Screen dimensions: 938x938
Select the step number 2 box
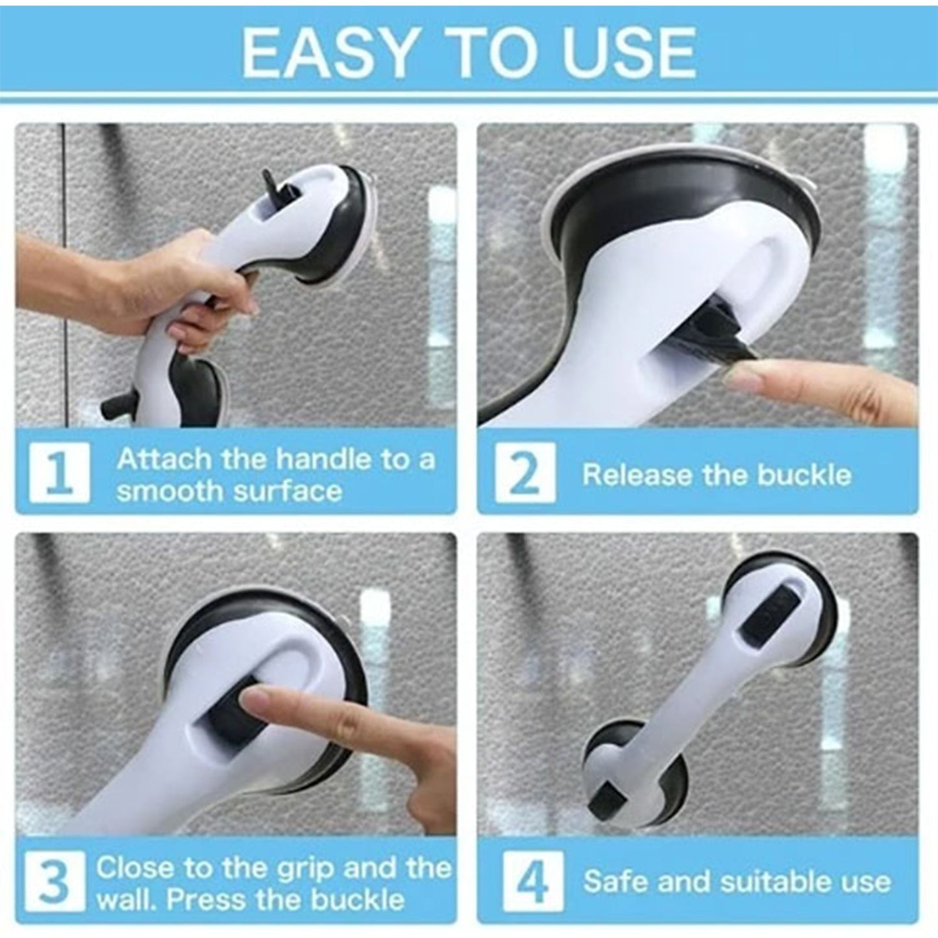pos(525,475)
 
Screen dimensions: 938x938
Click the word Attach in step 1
pos(164,460)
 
